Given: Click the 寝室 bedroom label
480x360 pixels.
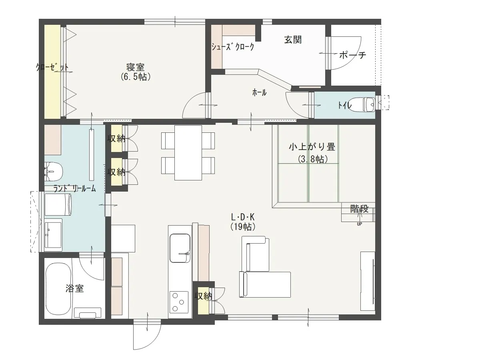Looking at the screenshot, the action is tap(135, 67).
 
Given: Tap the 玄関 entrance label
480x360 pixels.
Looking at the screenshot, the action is tap(293, 40).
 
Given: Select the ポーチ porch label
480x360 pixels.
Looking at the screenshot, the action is tap(352, 55).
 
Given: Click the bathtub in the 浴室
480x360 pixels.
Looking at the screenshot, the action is tap(58, 289).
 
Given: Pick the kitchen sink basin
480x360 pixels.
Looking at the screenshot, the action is tap(180, 248).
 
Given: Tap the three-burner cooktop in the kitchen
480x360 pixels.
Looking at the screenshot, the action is tap(178, 302).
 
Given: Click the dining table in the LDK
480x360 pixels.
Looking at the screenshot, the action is tap(188, 152).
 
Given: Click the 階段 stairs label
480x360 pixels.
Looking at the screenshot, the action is tap(359, 209).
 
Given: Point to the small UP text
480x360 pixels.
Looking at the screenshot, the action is tap(359, 224).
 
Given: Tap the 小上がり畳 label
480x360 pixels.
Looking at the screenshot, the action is tap(312, 147).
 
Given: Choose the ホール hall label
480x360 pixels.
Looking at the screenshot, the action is tap(259, 93).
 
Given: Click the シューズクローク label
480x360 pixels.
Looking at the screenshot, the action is tap(233, 46).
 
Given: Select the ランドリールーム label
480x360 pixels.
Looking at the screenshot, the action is tap(74, 188).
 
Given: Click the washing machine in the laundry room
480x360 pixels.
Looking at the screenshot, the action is tap(58, 205).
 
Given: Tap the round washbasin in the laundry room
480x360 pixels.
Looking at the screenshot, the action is tap(53, 172).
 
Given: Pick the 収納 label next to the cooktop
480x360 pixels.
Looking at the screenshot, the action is tap(203, 296).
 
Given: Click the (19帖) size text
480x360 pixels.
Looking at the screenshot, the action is tap(243, 227).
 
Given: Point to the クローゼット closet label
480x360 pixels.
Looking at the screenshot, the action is tap(52, 67).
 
